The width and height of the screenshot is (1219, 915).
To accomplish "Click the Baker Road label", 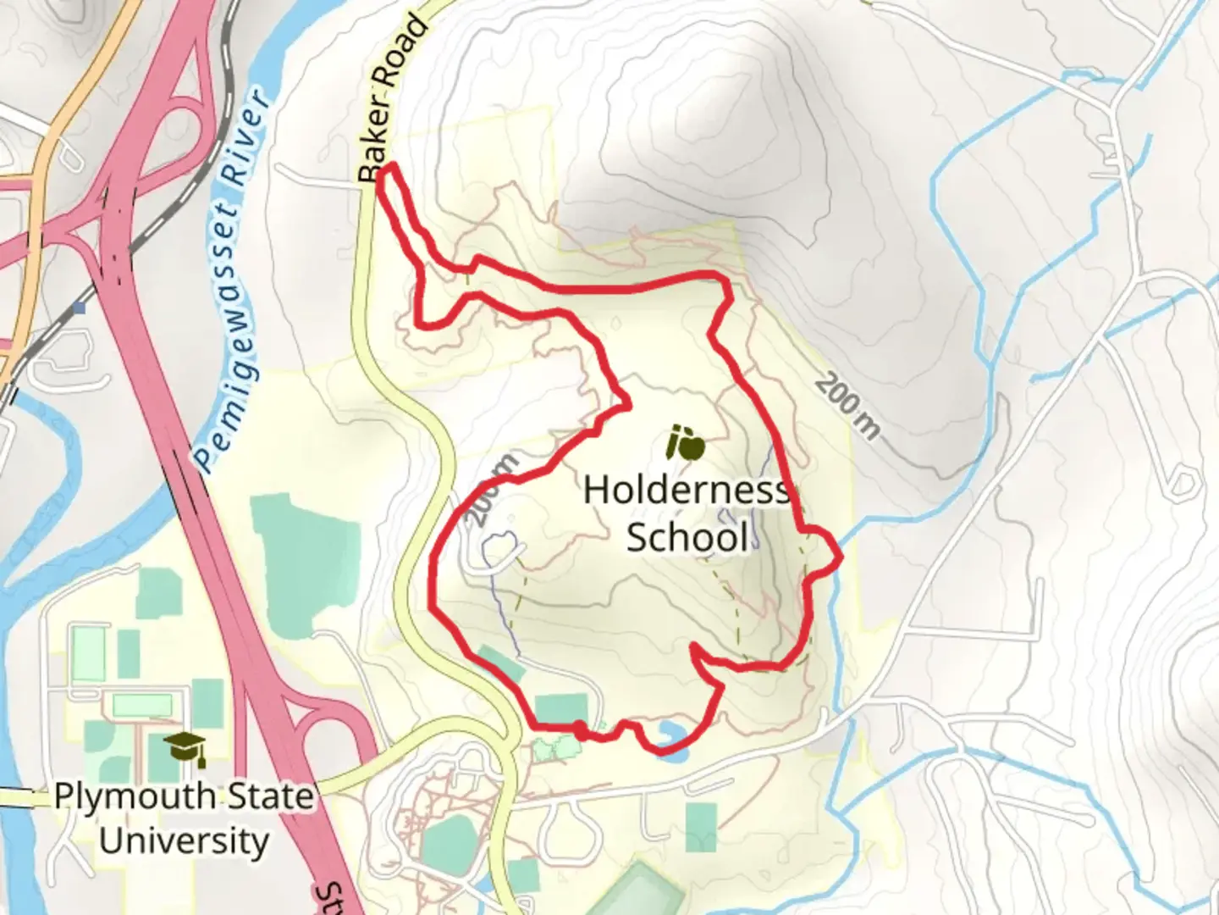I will [391, 99].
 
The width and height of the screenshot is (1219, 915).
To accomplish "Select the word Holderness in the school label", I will [686, 491].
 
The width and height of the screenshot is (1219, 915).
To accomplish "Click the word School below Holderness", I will [687, 537].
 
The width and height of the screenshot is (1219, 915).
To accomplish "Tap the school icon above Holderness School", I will [685, 443].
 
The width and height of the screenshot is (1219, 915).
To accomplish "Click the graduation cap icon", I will [185, 749].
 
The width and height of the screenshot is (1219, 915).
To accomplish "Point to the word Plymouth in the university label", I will [135, 797].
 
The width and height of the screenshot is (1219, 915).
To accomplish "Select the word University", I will [184, 841].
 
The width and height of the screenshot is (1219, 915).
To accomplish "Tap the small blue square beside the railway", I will [80, 308].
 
